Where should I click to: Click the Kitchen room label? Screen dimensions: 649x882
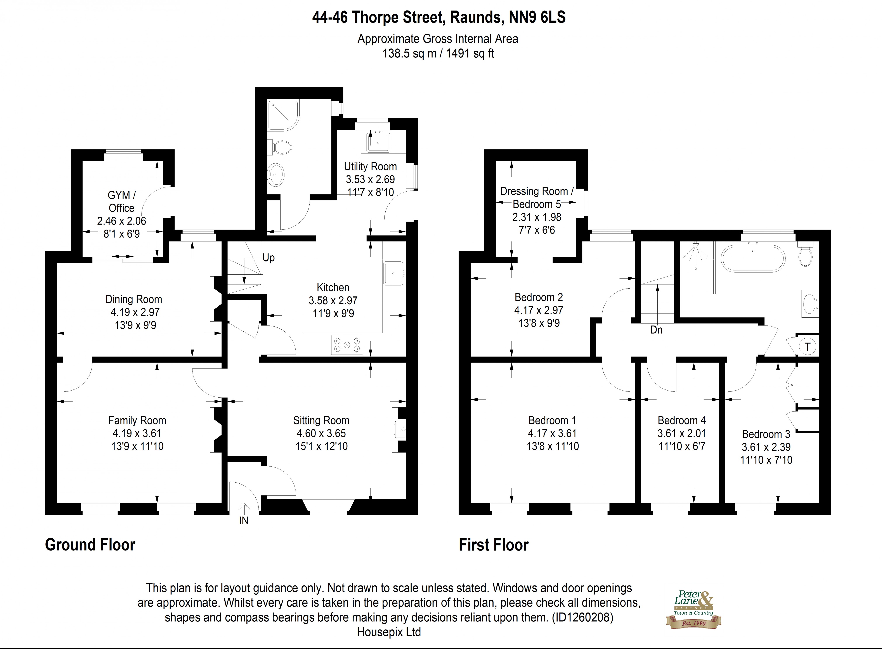(333, 287)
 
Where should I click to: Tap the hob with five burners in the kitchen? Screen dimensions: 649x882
(347, 345)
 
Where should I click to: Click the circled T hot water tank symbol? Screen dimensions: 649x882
(807, 346)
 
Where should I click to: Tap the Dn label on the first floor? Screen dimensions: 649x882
(656, 330)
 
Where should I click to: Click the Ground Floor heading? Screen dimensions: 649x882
(90, 545)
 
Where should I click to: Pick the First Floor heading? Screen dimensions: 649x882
(494, 545)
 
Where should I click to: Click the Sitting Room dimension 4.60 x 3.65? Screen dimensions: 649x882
(321, 433)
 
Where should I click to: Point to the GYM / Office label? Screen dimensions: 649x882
(121, 201)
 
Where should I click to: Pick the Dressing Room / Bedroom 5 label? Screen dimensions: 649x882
(537, 198)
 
